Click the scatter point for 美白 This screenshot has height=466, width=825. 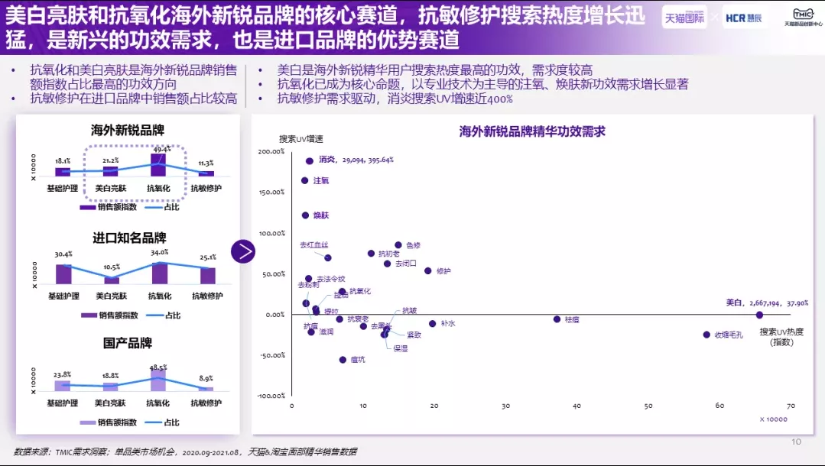(759, 315)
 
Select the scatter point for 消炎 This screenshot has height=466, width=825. (310, 161)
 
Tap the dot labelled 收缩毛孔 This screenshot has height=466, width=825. (706, 335)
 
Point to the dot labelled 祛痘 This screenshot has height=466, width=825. (557, 319)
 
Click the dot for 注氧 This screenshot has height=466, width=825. (305, 181)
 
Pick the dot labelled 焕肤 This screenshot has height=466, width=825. (305, 215)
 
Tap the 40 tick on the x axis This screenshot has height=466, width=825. (577, 406)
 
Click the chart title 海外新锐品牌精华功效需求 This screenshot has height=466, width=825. (532, 131)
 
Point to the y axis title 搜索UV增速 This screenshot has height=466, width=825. (300, 139)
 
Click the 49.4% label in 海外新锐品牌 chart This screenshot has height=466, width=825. (161, 150)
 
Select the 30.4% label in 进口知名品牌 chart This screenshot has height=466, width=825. (63, 254)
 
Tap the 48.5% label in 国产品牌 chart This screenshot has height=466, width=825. (158, 367)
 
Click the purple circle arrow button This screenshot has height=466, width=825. (243, 251)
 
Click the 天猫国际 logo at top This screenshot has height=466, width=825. (684, 18)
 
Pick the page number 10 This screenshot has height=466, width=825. (796, 442)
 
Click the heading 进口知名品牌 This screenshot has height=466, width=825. (129, 238)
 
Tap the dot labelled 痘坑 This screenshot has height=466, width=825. (343, 360)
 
